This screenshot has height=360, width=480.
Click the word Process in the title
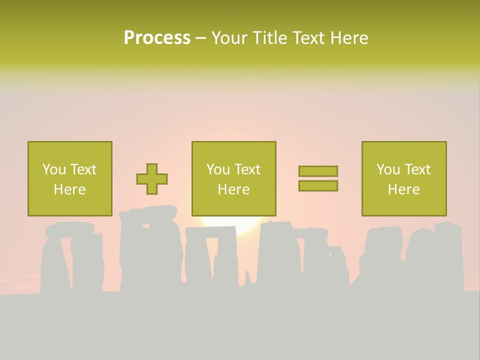tap(157, 38)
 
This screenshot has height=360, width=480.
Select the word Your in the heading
tap(229, 38)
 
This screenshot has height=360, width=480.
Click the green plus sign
tap(152, 179)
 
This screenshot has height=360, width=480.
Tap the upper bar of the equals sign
tap(318, 171)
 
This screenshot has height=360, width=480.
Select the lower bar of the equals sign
tap(318, 186)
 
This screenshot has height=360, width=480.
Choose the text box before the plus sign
tap(69, 178)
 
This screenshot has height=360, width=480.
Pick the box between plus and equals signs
tap(233, 178)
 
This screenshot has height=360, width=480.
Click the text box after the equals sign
tap(403, 178)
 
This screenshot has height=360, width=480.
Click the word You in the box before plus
tap(53, 169)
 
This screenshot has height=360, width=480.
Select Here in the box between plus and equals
tap(233, 189)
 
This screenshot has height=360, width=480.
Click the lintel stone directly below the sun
tap(210, 232)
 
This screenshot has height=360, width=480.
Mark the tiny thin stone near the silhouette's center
tap(246, 277)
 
